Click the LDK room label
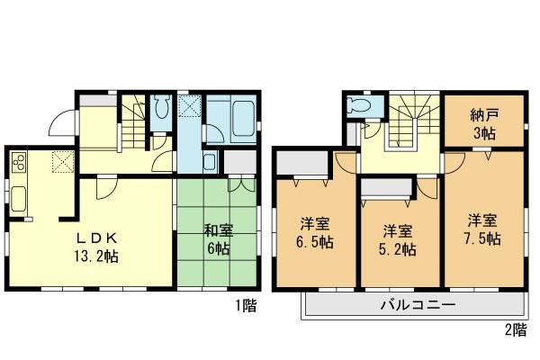94,238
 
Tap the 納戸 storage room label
483,116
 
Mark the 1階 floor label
247,306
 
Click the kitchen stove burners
18,163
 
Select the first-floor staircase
133,121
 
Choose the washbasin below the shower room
208,164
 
